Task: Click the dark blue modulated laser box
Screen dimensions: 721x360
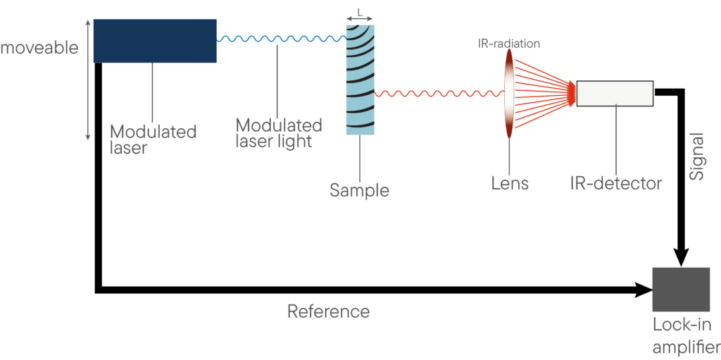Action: pyautogui.click(x=155, y=41)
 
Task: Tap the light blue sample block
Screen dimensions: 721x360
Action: pyautogui.click(x=360, y=80)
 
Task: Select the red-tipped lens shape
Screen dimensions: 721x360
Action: pyautogui.click(x=508, y=94)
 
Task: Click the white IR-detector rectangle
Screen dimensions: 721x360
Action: pyautogui.click(x=615, y=94)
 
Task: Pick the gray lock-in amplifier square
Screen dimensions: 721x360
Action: pyautogui.click(x=681, y=290)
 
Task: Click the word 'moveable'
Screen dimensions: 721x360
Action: pyautogui.click(x=39, y=48)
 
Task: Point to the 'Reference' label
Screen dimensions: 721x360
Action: pyautogui.click(x=328, y=311)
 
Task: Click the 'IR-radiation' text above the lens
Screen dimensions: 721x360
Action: pyautogui.click(x=508, y=44)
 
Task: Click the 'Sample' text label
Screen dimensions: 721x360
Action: pyautogui.click(x=360, y=190)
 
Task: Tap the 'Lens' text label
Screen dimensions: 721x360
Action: pyautogui.click(x=509, y=183)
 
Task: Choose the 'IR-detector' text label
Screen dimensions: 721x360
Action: pyautogui.click(x=615, y=183)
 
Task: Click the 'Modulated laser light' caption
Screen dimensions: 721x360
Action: pyautogui.click(x=278, y=133)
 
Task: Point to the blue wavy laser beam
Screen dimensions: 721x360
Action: pyautogui.click(x=282, y=39)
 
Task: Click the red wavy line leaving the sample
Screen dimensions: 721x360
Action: pyautogui.click(x=439, y=94)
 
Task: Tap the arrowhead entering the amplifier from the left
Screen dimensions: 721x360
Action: pyautogui.click(x=645, y=290)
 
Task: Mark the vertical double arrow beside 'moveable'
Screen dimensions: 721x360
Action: pyautogui.click(x=88, y=80)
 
